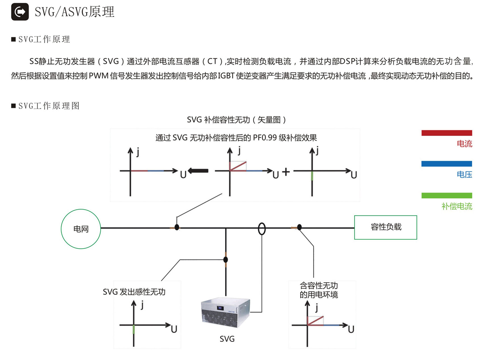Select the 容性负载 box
(x=385, y=227)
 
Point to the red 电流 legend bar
(x=446, y=133)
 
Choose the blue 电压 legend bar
(x=446, y=164)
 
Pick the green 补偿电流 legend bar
(x=446, y=195)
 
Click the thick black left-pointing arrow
(x=199, y=171)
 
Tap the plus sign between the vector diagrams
(x=286, y=172)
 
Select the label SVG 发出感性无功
(x=134, y=292)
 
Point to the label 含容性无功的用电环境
(x=319, y=290)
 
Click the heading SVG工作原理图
(x=49, y=106)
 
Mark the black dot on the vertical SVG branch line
(x=226, y=259)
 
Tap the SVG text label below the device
(x=227, y=339)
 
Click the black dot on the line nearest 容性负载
(x=299, y=228)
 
